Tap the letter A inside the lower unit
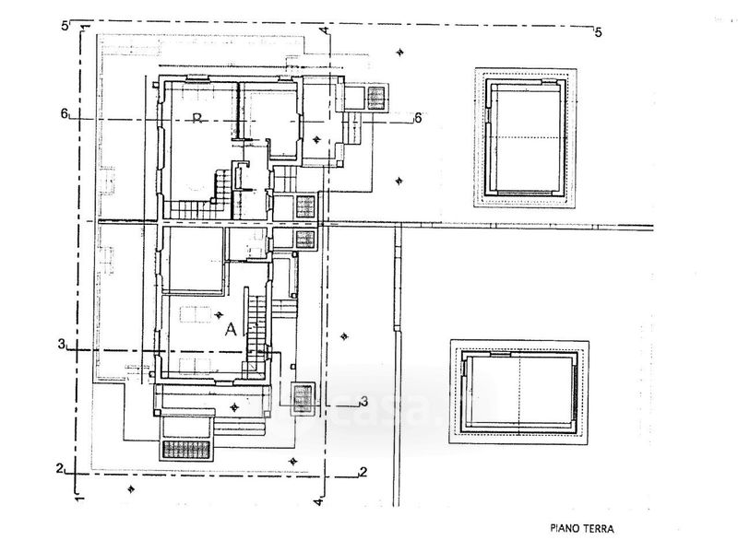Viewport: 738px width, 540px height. [x=230, y=327]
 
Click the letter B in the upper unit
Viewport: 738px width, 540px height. [x=197, y=117]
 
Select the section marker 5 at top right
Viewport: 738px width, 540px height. [x=598, y=33]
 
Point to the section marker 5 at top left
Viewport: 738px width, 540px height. [x=65, y=26]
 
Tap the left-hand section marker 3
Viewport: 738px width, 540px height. [x=62, y=345]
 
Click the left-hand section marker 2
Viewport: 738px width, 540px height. [x=60, y=469]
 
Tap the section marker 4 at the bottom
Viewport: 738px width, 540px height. [x=319, y=502]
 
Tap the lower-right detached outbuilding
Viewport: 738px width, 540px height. [x=518, y=393]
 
